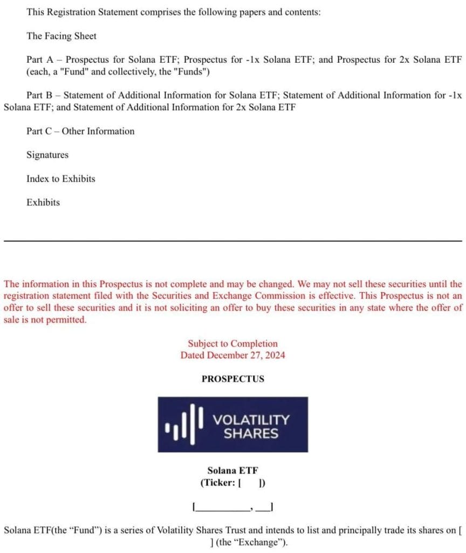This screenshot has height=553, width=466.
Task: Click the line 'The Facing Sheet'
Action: (61, 36)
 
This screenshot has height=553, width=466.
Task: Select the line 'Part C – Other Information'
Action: (80, 131)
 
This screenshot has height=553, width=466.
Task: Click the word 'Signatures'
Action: (47, 155)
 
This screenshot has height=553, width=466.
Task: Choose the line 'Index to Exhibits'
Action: (60, 179)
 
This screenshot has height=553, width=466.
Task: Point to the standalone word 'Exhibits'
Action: (43, 203)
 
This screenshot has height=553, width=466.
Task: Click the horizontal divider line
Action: (233, 240)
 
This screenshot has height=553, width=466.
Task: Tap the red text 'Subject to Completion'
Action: (232, 343)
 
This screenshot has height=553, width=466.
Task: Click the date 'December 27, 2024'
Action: (246, 355)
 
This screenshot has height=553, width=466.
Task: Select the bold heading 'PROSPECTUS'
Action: (233, 379)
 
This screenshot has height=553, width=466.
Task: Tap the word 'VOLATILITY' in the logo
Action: (251, 420)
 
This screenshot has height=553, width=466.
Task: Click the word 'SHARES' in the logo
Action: (251, 433)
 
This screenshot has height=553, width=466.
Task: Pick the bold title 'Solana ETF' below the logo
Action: (232, 471)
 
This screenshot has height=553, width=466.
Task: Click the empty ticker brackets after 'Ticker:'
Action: (251, 483)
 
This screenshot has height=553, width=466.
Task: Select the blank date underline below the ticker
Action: (233, 507)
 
